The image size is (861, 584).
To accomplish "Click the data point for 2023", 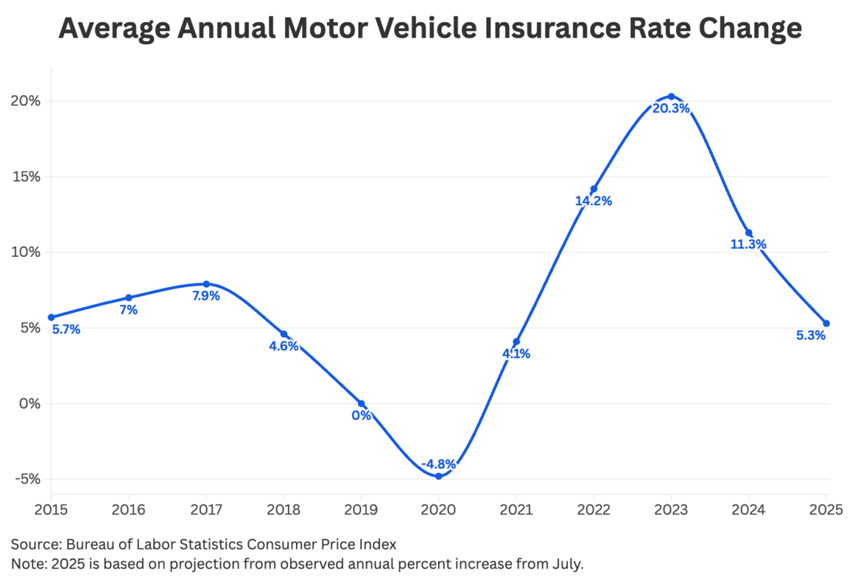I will (671, 96).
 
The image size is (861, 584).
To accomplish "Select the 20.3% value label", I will (671, 109).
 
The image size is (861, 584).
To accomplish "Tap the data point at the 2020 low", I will (438, 476).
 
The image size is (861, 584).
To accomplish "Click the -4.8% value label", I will (438, 464).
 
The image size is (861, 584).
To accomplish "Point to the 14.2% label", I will (594, 201).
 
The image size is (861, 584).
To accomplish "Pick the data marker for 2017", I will (206, 284).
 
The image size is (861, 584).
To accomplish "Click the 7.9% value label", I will (206, 296).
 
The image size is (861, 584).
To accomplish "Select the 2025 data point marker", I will (826, 323).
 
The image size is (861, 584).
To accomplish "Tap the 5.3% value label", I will (811, 335).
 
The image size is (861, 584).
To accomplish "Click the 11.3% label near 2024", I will (748, 245).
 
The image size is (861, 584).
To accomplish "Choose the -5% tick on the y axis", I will (27, 479).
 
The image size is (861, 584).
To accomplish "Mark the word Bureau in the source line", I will (88, 544).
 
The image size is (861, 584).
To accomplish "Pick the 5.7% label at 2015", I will (66, 329).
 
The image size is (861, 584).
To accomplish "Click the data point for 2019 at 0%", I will (361, 403).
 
